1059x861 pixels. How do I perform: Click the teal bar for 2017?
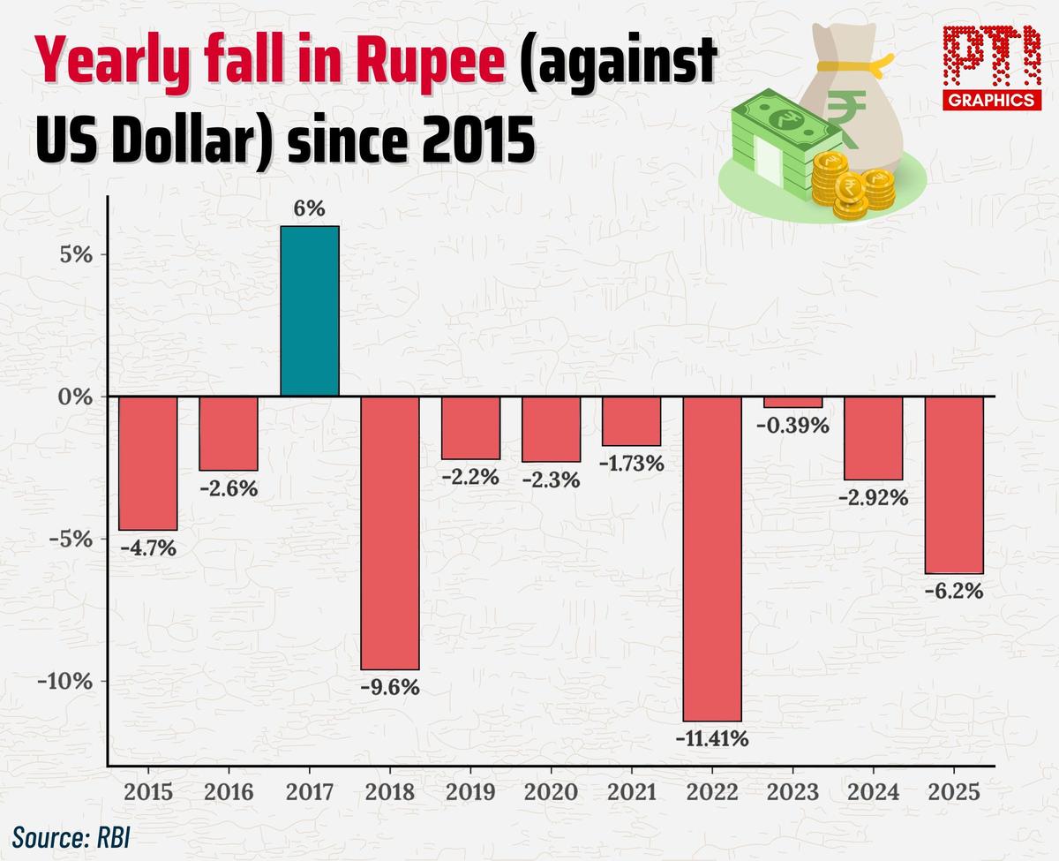tap(309, 311)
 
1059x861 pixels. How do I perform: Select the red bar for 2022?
tap(711, 558)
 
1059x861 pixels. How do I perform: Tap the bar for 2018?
tap(389, 532)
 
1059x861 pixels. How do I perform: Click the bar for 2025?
tap(953, 485)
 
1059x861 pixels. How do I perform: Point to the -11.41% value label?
tap(711, 738)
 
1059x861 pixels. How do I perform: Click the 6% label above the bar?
tap(310, 209)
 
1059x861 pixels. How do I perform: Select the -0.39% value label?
tap(792, 426)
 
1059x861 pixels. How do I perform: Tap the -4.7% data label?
tap(148, 548)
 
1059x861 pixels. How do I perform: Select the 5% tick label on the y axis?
tap(75, 254)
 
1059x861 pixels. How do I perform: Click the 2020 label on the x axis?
tap(551, 791)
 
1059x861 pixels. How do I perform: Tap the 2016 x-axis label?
tap(229, 791)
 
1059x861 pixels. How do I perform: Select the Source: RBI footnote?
tap(71, 835)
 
